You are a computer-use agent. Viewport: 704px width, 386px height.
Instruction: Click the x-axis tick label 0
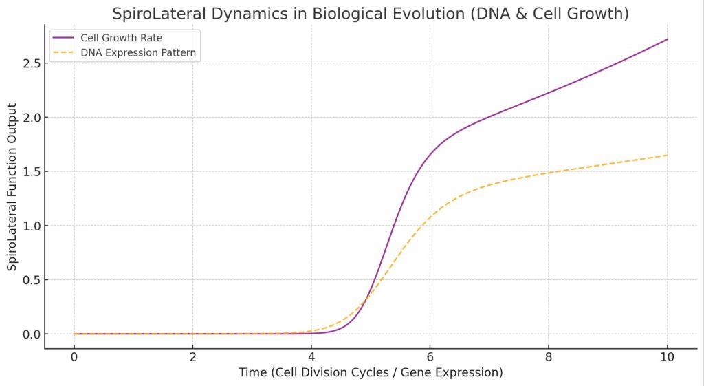74,357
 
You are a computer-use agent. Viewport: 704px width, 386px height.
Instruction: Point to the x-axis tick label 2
192,357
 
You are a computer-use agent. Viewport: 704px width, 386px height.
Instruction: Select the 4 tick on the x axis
311,357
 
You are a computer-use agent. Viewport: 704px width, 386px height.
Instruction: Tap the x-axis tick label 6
430,357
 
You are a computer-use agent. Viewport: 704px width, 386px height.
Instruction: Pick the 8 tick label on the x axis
549,357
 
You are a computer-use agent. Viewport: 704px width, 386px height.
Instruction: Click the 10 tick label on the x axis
667,357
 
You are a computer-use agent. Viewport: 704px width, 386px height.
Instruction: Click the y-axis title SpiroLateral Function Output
12,187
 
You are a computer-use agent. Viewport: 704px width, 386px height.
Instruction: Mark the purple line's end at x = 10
667,39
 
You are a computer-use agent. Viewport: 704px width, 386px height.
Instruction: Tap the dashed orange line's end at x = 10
667,155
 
